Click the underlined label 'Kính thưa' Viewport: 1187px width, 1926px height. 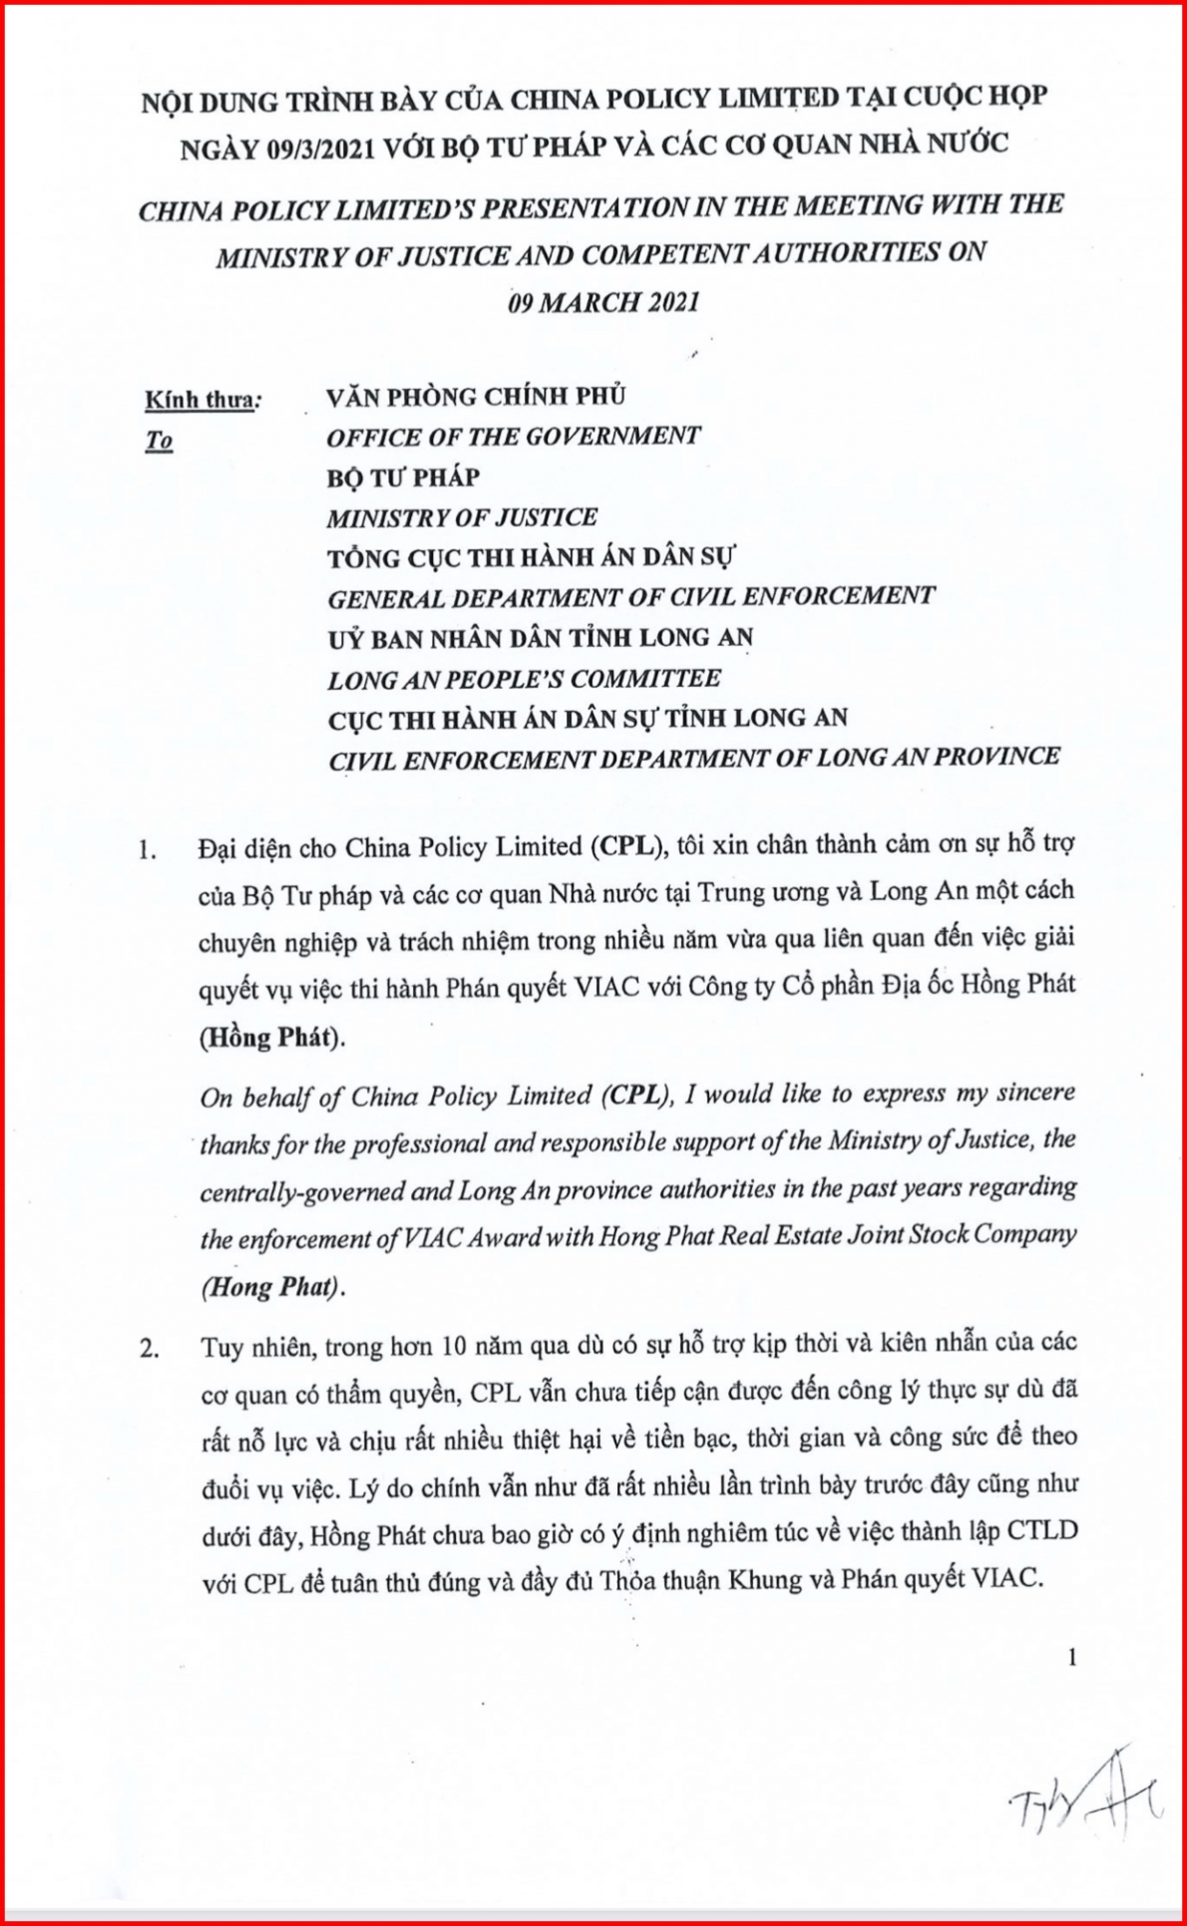coord(198,400)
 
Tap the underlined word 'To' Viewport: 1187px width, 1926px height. coord(160,441)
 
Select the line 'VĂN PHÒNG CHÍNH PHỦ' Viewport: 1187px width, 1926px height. coord(476,396)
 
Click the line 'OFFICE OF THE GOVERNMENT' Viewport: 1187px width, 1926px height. coord(514,436)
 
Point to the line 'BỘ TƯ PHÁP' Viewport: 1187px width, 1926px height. coord(403,477)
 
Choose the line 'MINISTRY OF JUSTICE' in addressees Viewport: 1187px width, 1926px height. coord(462,517)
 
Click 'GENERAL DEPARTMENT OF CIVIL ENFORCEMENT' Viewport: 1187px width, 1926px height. coord(630,597)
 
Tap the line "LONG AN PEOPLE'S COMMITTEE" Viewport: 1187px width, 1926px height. coord(524,679)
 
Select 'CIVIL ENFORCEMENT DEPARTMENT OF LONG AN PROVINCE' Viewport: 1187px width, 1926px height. coord(693,758)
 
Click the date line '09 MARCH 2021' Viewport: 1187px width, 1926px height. coord(602,302)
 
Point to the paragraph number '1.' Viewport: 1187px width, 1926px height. coord(150,852)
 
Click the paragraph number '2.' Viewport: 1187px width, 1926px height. coord(150,1350)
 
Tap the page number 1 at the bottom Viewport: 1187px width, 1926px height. coord(1072,1657)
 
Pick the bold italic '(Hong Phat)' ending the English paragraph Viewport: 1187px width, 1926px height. coord(272,1287)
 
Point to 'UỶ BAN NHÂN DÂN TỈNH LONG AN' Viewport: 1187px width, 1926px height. coord(540,637)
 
